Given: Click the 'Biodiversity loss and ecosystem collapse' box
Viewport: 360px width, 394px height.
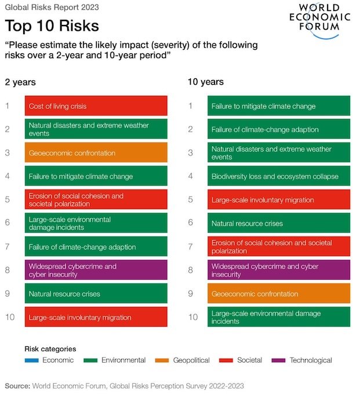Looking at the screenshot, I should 278,176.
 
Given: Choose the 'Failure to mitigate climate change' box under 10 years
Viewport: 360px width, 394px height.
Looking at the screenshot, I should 278,106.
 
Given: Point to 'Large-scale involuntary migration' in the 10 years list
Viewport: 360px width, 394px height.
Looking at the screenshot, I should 278,200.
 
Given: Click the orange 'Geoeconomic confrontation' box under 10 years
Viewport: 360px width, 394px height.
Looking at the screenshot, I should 278,294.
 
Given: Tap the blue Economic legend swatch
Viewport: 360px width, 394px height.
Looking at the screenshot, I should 32,360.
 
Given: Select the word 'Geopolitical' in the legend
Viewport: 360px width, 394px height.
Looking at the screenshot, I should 191,360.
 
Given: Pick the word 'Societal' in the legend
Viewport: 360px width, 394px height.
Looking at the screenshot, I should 250,360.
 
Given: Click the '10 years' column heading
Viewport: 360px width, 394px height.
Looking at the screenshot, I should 205,82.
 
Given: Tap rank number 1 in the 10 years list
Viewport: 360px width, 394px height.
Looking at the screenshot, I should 190,106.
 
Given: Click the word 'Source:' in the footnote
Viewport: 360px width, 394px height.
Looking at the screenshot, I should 17,385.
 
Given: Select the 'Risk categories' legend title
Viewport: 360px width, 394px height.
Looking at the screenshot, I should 50,349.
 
